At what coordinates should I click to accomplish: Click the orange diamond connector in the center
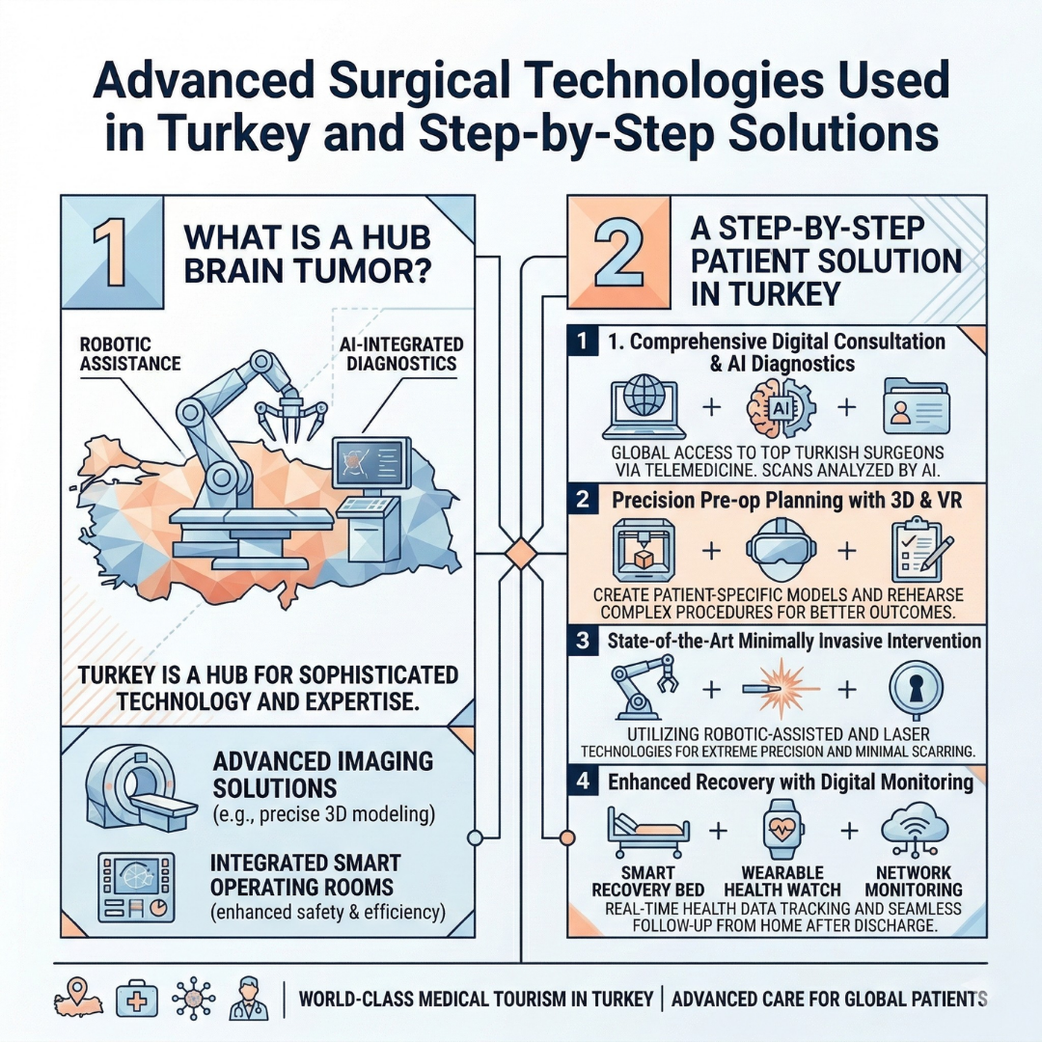(x=521, y=554)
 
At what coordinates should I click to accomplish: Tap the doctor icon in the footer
(x=248, y=999)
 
